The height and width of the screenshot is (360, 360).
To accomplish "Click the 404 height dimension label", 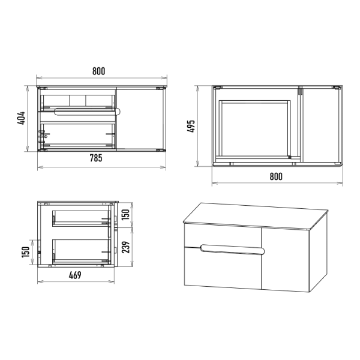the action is (21, 118).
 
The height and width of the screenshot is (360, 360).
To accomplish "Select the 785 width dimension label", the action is (96, 158).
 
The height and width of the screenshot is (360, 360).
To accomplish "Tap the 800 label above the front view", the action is (99, 71).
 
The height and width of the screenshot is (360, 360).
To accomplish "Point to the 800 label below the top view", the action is (276, 176).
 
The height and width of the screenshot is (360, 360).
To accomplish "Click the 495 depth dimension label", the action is (191, 126).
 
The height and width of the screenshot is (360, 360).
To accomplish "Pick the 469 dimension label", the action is (75, 275).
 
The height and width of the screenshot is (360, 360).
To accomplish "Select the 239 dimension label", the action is (125, 247).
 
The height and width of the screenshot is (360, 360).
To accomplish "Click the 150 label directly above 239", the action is (125, 214).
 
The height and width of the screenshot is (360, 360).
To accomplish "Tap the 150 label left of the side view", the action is (26, 252).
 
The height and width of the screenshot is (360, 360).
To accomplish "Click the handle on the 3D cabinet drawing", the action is (232, 250).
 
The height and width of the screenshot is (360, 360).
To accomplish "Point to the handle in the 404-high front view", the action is (87, 112).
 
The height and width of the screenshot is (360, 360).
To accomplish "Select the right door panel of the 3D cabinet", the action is (286, 260).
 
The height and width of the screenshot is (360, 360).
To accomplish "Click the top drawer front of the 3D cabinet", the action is (223, 236).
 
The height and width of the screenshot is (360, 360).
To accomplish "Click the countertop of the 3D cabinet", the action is (256, 216).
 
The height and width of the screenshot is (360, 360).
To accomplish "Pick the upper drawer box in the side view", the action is (82, 218).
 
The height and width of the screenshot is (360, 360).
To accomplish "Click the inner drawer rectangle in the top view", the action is (254, 129).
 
